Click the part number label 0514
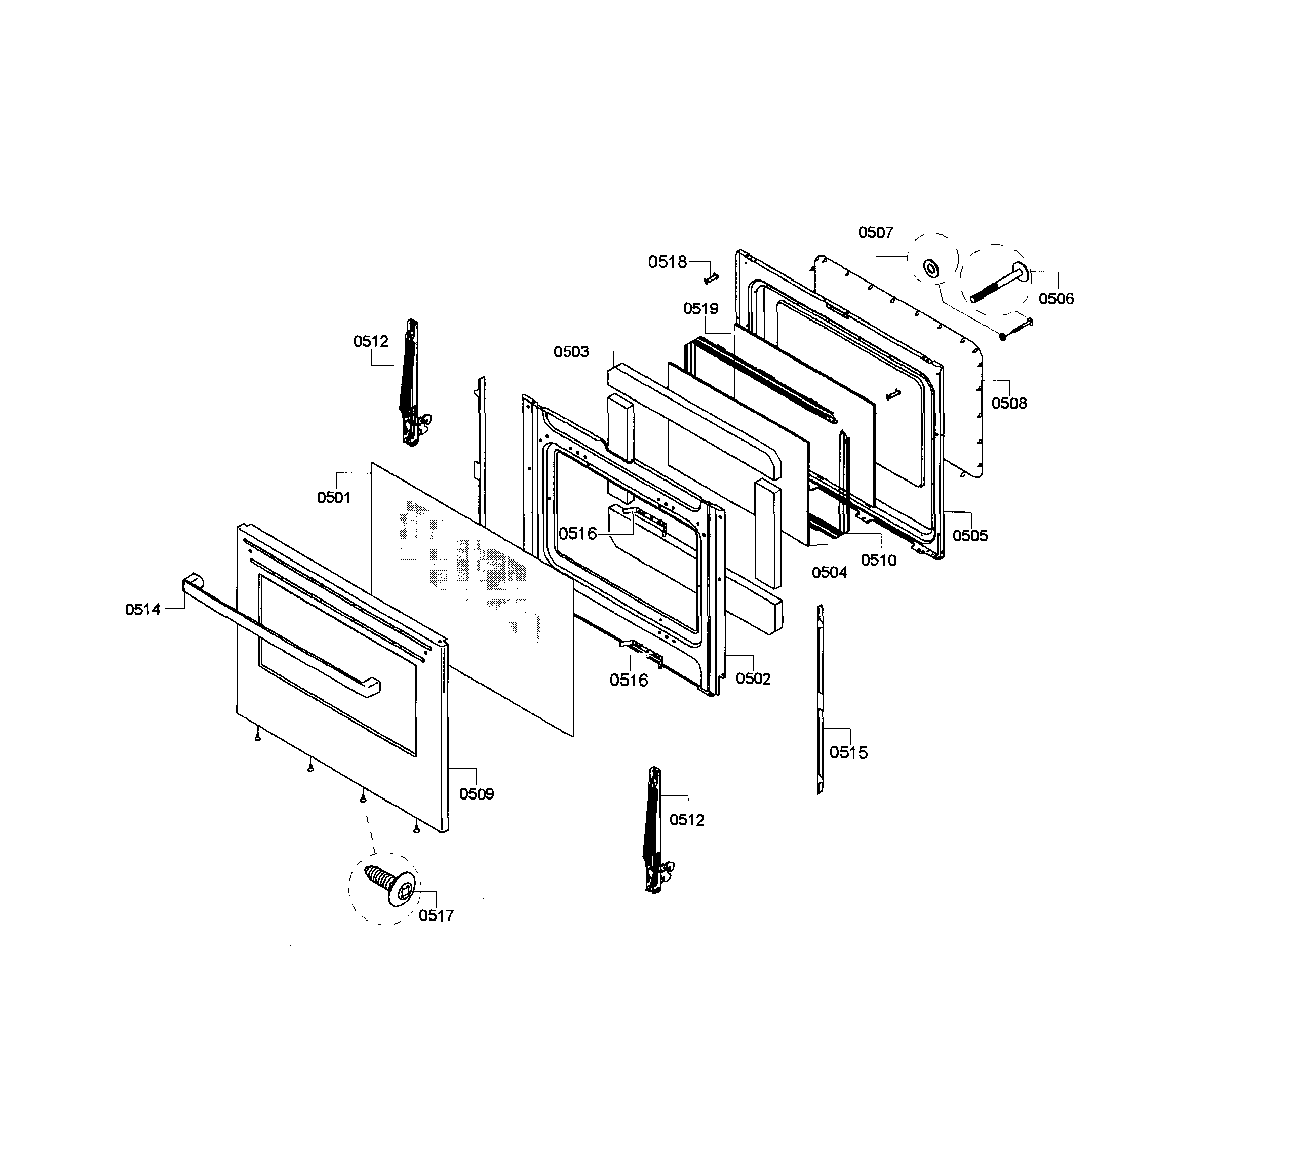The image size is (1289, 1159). click(143, 610)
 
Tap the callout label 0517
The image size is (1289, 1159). click(436, 916)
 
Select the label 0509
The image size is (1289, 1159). click(477, 793)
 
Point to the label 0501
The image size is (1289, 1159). click(334, 497)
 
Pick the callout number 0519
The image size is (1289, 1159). click(700, 309)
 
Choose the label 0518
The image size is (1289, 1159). click(668, 262)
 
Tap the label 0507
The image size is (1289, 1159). click(876, 232)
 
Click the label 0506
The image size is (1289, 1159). click(1056, 299)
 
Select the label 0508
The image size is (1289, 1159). click(1009, 403)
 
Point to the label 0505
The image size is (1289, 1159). click(970, 536)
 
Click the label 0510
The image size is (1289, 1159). click(878, 561)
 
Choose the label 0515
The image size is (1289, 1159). click(848, 753)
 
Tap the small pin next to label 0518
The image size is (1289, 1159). click(711, 277)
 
